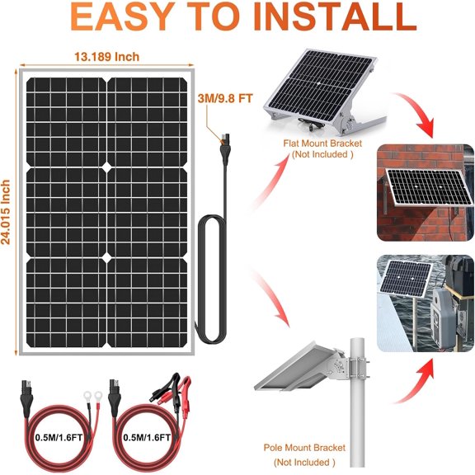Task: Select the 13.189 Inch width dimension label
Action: pos(106,57)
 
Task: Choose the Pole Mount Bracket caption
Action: pos(305,448)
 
